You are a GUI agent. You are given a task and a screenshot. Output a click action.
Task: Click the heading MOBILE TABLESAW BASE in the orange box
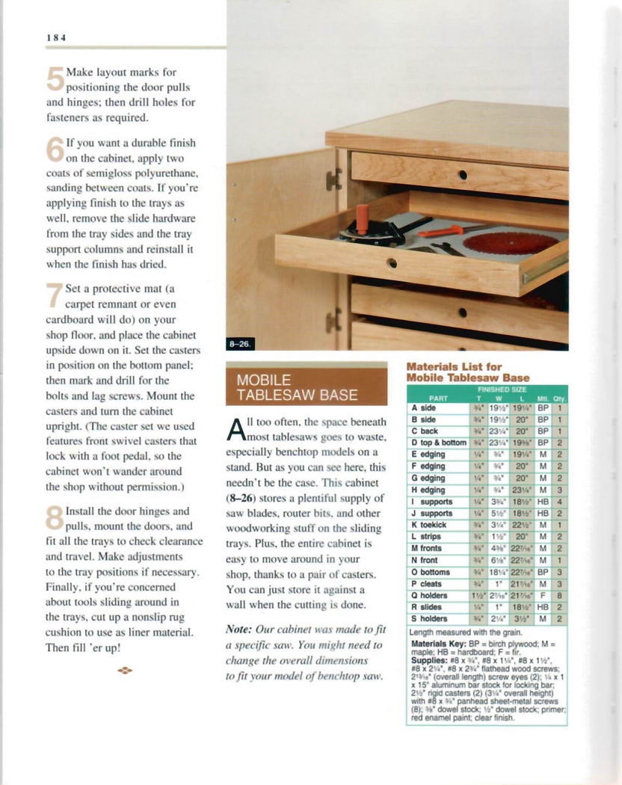click(297, 387)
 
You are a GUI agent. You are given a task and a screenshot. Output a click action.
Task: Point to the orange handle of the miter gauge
click(363, 218)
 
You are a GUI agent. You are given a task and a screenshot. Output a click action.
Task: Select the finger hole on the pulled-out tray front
click(391, 263)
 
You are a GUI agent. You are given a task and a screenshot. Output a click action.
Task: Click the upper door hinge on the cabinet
click(333, 179)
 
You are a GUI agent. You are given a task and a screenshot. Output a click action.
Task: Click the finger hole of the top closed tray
click(464, 175)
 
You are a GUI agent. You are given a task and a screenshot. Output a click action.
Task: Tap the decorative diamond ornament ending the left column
click(125, 670)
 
